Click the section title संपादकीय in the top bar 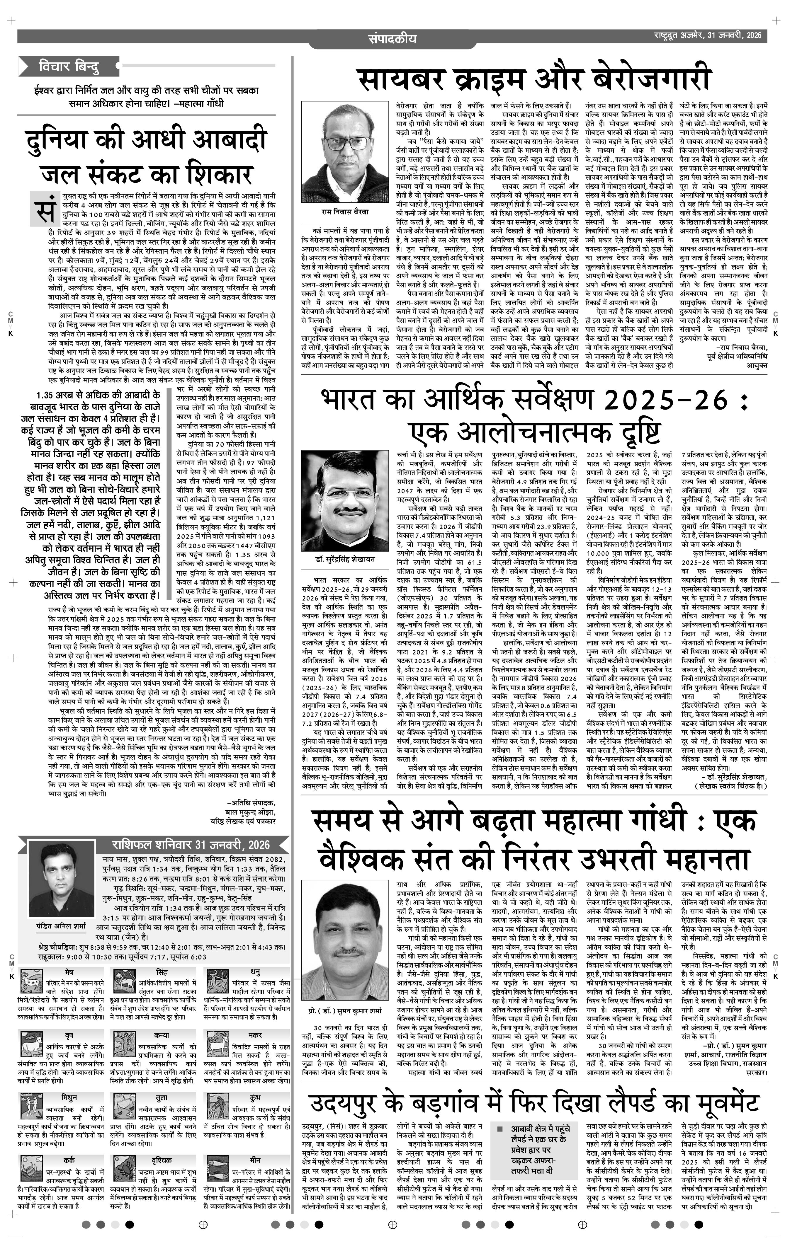click(x=392, y=38)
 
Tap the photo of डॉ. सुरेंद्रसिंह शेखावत click(x=345, y=501)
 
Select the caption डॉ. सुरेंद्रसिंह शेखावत click(x=345, y=560)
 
